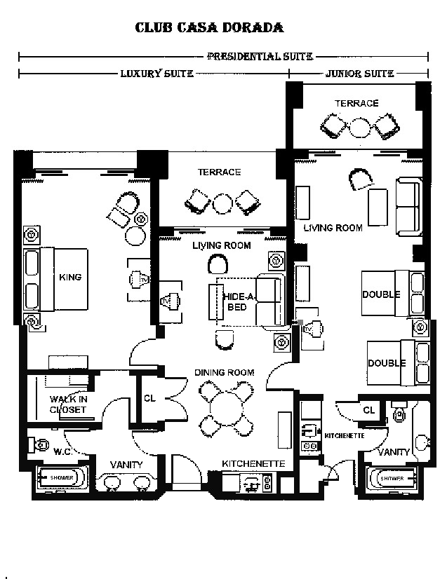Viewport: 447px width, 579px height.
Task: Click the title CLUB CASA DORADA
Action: (x=209, y=28)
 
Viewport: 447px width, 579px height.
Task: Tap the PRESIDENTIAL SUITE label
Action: (x=260, y=56)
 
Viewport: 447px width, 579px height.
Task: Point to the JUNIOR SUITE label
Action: (x=359, y=73)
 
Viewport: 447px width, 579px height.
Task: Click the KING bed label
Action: (x=70, y=277)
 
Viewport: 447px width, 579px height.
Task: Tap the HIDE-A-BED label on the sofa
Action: (x=236, y=302)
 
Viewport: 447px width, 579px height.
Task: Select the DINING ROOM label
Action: (x=225, y=372)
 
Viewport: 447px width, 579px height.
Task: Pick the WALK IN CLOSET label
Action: (x=68, y=404)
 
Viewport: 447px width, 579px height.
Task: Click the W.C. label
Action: (x=64, y=451)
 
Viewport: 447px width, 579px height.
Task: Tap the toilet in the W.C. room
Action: (x=39, y=444)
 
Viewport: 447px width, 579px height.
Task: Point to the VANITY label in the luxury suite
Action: (x=127, y=464)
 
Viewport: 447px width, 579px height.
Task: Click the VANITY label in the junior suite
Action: (x=393, y=452)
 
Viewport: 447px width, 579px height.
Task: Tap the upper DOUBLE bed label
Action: (x=381, y=294)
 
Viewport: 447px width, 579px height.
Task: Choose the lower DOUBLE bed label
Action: (x=387, y=363)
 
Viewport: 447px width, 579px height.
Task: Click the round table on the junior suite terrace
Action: (x=360, y=128)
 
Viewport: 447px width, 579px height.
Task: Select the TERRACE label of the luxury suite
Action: (x=219, y=172)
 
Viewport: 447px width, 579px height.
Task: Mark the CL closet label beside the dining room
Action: (x=149, y=397)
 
